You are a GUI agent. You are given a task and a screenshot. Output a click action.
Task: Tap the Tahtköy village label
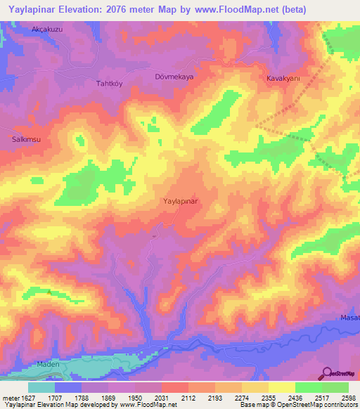[109, 83]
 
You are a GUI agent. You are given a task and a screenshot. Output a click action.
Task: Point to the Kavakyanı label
[283, 79]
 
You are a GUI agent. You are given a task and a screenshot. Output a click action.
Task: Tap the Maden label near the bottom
[48, 365]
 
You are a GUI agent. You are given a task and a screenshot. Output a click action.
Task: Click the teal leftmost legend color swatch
[41, 387]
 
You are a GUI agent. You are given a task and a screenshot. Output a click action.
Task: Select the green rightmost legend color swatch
[335, 387]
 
